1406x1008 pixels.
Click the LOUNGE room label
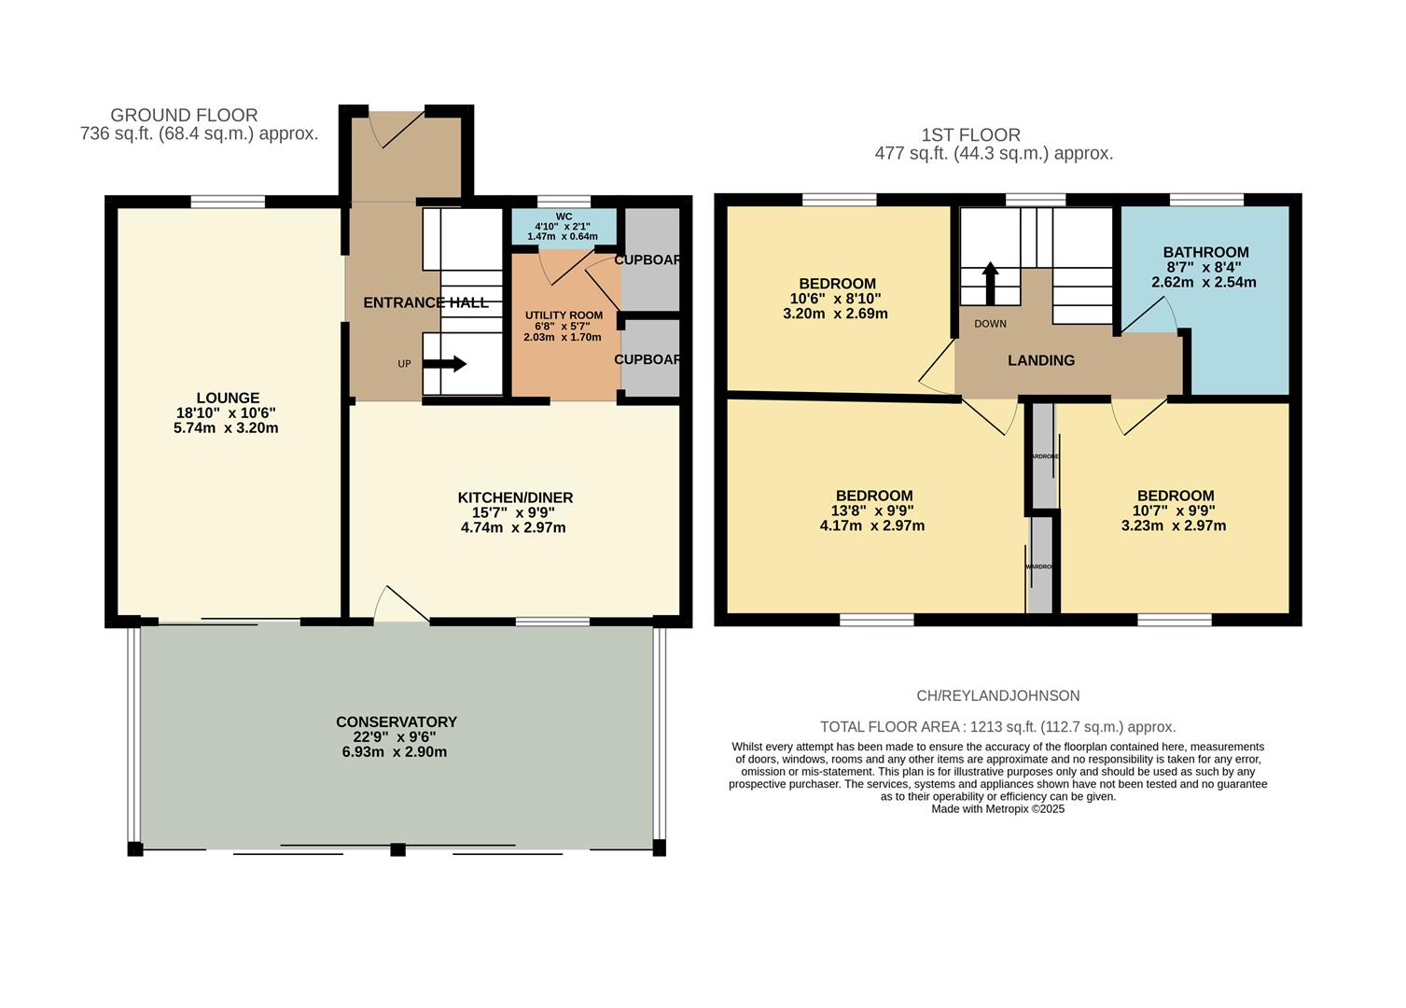tap(228, 398)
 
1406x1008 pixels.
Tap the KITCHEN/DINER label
tap(515, 497)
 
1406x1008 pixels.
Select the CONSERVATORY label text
tap(397, 721)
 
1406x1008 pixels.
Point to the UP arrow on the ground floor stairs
tap(448, 364)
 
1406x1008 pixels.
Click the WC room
tap(564, 226)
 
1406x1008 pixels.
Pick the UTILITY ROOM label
tap(564, 315)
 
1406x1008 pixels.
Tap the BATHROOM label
tap(1205, 252)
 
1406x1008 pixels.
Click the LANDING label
tap(1041, 360)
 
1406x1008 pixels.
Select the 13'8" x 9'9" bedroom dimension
tap(874, 511)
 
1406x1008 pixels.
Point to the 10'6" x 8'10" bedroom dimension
tap(836, 299)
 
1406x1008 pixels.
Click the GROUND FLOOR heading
tap(184, 115)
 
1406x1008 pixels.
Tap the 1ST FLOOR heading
tap(970, 134)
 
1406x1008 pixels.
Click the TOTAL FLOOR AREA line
tap(997, 726)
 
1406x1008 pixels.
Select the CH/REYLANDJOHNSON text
tap(997, 695)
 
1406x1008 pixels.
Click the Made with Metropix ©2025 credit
tap(997, 809)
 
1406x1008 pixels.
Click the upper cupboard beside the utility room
tap(650, 259)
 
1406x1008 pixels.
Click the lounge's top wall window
tap(228, 202)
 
